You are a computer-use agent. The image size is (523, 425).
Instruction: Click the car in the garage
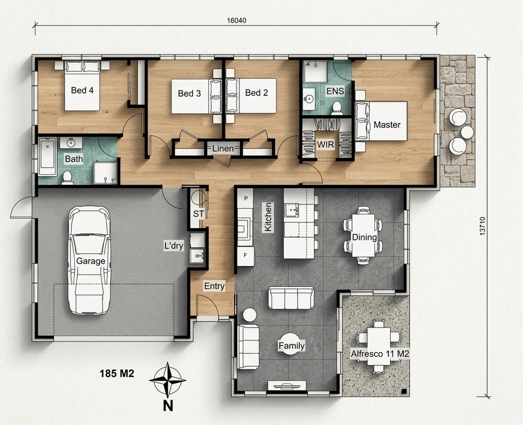[x=89, y=260]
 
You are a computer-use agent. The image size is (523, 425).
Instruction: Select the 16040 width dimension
[x=237, y=20]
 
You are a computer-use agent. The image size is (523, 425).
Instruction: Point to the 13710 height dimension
[x=483, y=226]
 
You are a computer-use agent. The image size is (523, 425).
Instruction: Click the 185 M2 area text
[x=117, y=374]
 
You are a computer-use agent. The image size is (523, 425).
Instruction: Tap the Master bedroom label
[x=387, y=125]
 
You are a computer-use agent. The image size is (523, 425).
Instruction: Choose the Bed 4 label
[x=83, y=90]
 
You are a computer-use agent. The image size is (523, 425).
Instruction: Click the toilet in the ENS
[x=336, y=107]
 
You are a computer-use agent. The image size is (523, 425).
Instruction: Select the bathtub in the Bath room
[x=47, y=157]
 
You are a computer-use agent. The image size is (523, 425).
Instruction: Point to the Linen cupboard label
[x=223, y=148]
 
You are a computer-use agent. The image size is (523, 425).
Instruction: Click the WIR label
[x=326, y=144]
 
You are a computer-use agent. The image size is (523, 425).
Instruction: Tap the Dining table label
[x=364, y=237]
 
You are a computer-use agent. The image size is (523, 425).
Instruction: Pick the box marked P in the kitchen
[x=245, y=199]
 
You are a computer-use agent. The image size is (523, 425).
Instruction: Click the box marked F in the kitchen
[x=245, y=256]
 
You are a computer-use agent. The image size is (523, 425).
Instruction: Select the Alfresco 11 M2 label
[x=380, y=354]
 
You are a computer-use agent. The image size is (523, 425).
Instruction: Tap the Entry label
[x=214, y=286]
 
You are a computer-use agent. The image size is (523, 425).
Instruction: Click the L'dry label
[x=174, y=246]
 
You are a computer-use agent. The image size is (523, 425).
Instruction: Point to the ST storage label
[x=198, y=214]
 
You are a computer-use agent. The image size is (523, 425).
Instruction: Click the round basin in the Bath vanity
[x=71, y=143]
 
